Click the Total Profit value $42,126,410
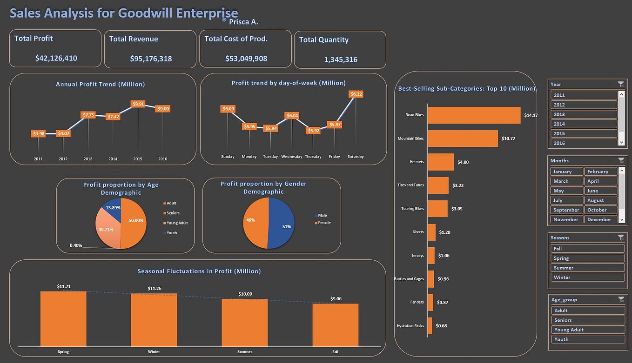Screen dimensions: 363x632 [56, 58]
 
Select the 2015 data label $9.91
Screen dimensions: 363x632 [138, 104]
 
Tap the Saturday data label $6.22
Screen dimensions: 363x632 [356, 94]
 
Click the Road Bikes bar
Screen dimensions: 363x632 [474, 115]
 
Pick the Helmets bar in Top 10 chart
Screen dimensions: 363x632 [440, 162]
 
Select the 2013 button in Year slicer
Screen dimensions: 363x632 [584, 114]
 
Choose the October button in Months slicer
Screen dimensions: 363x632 [600, 210]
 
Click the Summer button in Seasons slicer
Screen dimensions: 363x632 [587, 268]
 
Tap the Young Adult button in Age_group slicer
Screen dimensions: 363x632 [587, 330]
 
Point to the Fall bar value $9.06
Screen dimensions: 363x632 [336, 299]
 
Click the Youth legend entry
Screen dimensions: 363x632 [171, 233]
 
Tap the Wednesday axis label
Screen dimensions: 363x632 [291, 157]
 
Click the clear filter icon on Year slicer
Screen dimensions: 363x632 [620, 84]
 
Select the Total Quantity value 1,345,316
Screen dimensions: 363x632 [341, 59]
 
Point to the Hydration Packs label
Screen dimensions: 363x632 [410, 326]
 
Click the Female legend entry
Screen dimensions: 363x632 [323, 223]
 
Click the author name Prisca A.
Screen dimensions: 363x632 [243, 22]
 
